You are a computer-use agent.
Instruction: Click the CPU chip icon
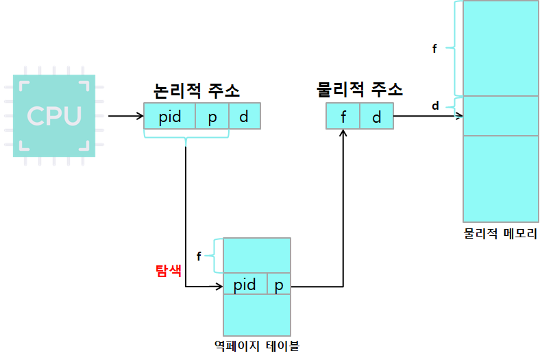tap(54, 115)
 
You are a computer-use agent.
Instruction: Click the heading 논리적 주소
tap(196, 90)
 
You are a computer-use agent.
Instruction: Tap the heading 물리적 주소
tap(359, 89)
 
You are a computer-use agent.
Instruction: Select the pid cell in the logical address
tap(170, 117)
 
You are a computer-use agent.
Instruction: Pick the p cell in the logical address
tap(212, 117)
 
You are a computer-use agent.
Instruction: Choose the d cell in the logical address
tap(245, 117)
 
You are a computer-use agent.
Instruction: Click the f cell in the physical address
tap(343, 117)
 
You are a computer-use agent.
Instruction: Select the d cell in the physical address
tap(376, 117)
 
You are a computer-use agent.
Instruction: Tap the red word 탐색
tap(168, 270)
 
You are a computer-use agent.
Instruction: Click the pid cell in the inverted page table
tap(245, 285)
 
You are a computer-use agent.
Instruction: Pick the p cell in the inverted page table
tap(279, 285)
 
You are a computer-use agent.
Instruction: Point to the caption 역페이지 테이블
tap(257, 346)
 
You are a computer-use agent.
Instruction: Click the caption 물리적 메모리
tap(500, 234)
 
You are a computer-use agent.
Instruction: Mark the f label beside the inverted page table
tap(199, 256)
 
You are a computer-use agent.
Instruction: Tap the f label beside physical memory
tap(434, 49)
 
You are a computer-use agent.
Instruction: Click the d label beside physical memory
tap(435, 106)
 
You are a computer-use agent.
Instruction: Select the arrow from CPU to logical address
tap(126, 116)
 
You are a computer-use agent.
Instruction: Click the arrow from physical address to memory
tap(428, 116)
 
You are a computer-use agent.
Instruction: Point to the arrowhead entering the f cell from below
tap(343, 134)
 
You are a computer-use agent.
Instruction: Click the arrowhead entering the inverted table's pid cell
tap(219, 286)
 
